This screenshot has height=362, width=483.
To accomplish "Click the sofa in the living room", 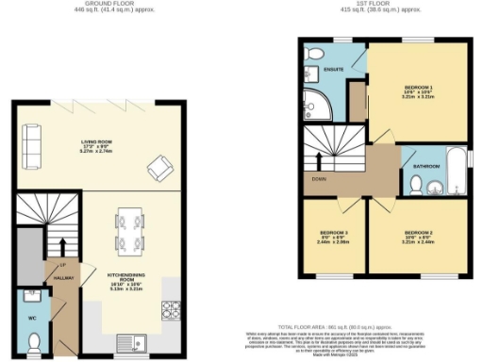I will pyautogui.click(x=31, y=143).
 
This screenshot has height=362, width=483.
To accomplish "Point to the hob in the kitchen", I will pyautogui.click(x=173, y=308).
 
